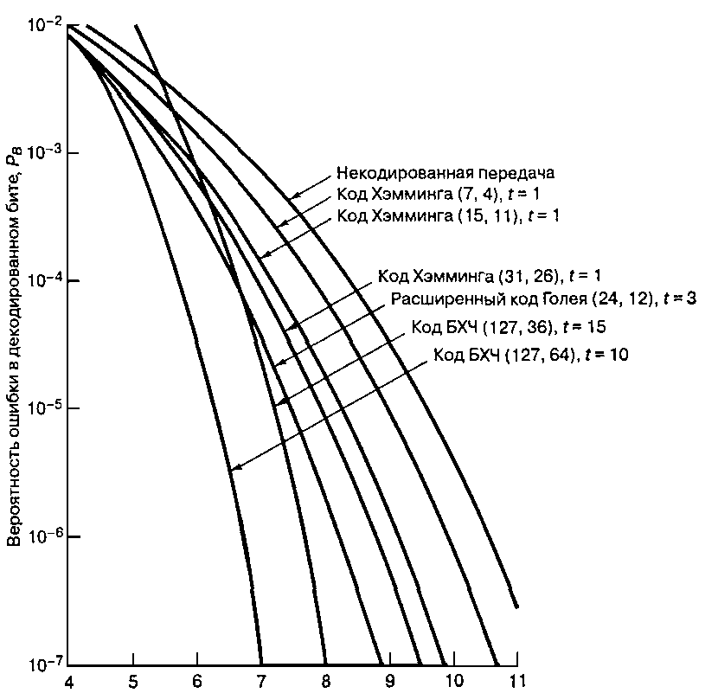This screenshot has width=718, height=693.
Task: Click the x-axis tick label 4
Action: coord(68,680)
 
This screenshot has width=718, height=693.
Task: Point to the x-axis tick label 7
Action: coord(260,680)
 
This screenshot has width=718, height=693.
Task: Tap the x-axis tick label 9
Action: coord(389,680)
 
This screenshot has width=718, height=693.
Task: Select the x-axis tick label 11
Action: coord(516,680)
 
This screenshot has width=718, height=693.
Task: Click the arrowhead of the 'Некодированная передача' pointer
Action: coord(291,196)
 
